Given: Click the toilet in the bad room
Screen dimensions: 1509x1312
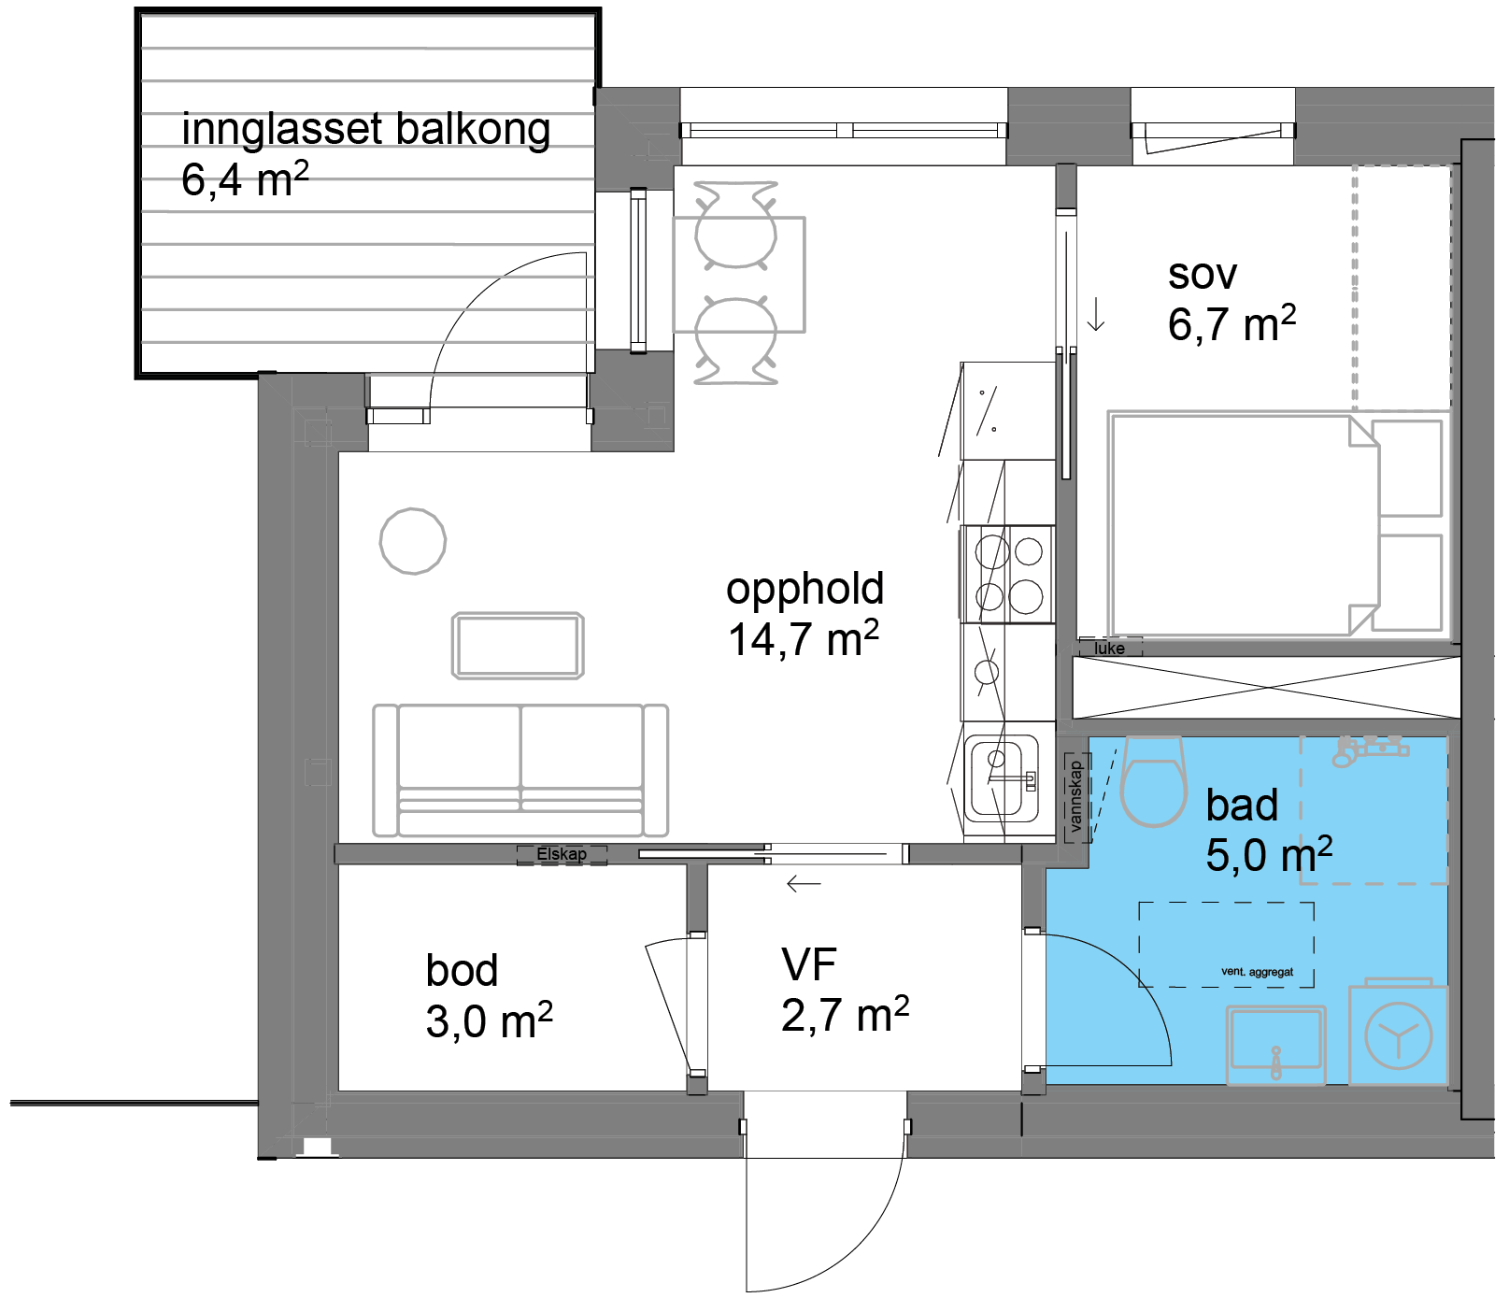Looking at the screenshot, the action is tap(1153, 781).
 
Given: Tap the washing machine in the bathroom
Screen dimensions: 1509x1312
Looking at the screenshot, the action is tap(1398, 1033).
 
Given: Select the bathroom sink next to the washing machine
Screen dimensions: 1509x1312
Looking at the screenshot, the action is tap(1275, 1044).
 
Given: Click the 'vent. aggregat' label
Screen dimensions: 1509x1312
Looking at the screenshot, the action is tap(1257, 972).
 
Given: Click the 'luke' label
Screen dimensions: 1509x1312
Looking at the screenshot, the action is tap(1109, 648).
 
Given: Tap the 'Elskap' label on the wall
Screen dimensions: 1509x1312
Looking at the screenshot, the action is tap(562, 854).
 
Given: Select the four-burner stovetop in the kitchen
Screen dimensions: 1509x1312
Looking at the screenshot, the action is tap(1008, 574).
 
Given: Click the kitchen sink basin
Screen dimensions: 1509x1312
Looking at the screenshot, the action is tap(1002, 777).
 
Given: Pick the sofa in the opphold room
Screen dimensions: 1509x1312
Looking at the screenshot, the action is tap(520, 770).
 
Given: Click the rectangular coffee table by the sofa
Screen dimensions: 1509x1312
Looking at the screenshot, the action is tap(518, 645).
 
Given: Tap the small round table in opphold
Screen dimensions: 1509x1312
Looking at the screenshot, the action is tap(413, 541).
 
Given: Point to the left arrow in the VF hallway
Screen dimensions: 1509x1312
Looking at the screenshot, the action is tap(804, 883).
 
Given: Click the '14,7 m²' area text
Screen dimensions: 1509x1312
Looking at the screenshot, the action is tap(804, 639).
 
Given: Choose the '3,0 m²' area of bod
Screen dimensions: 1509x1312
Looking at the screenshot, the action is tap(489, 1020).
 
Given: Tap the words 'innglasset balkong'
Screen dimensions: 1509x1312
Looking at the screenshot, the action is tap(365, 130).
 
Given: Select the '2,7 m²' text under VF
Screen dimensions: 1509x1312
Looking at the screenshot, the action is tap(845, 1015).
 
